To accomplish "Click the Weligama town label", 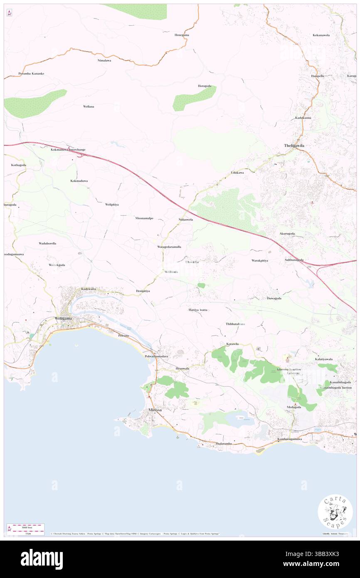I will pos(63,319).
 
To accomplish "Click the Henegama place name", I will pos(182,35).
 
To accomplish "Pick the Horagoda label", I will pos(205,86).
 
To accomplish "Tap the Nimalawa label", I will pos(104,60).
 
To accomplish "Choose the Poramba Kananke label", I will pos(31,74).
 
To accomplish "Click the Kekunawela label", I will pos(321,35).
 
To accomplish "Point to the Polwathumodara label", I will pos(156,357).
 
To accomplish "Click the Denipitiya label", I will pos(143,291).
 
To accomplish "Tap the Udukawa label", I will pos(237,172).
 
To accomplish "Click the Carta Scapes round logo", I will pos(335,511).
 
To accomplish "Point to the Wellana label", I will pos(89,106).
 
